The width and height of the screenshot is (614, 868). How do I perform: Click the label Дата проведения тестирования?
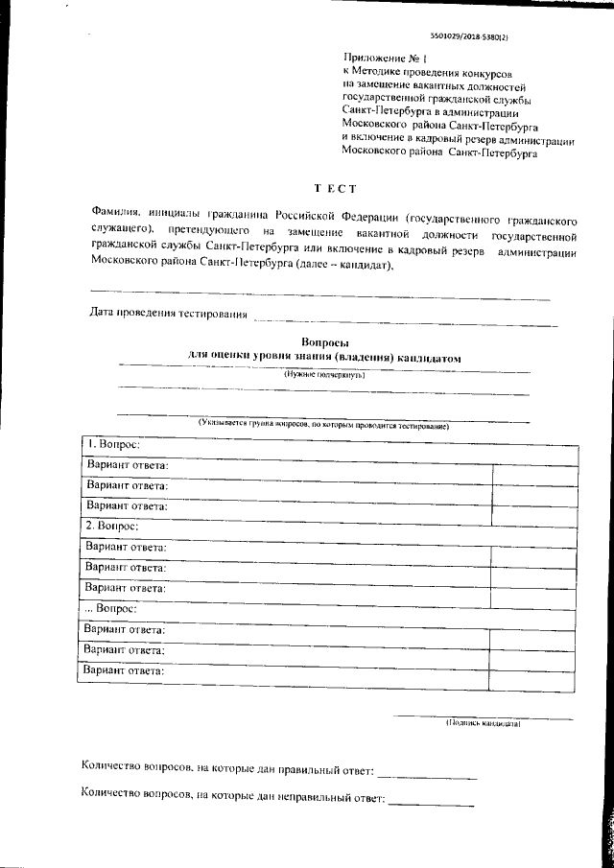168,313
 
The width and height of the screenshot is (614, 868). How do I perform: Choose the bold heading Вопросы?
324,342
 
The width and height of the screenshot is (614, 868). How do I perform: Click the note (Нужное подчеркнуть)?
323,375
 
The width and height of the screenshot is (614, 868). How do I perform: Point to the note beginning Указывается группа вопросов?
323,423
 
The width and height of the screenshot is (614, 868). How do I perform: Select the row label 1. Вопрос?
112,445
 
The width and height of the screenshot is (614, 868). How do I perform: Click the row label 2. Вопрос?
112,527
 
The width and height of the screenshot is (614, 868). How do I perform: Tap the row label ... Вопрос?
112,609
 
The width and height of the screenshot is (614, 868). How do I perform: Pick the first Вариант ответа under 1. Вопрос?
127,465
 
